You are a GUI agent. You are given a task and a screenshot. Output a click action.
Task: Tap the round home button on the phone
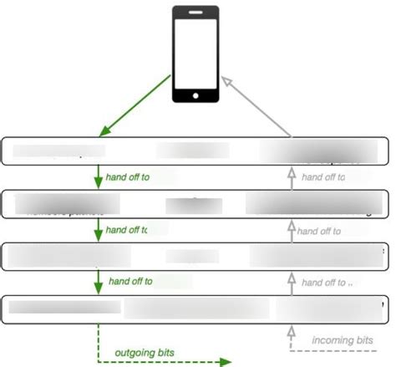tap(195, 94)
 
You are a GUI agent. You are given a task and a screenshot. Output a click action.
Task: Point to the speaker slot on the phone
tap(195, 13)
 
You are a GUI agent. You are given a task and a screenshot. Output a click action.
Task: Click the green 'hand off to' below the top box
tap(129, 177)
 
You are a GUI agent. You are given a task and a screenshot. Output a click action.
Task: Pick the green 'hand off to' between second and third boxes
tap(129, 230)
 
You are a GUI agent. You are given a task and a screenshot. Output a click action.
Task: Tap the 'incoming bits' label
tap(343, 340)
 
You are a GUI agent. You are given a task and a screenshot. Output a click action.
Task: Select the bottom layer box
tap(197, 308)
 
